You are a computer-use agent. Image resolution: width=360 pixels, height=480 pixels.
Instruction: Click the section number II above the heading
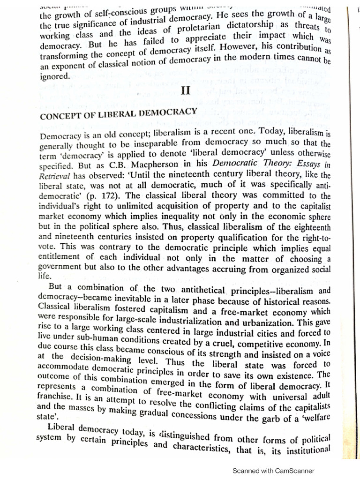coord(185,91)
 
